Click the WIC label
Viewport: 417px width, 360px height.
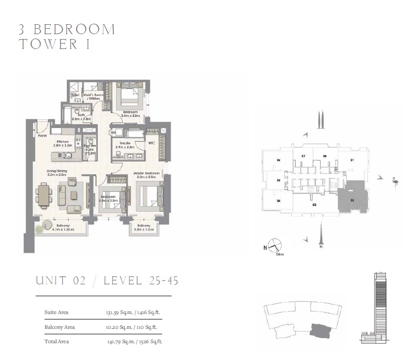click(151, 144)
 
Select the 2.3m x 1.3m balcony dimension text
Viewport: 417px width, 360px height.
click(144, 229)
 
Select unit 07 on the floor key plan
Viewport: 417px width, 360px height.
click(303, 156)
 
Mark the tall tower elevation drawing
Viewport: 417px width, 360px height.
click(378, 307)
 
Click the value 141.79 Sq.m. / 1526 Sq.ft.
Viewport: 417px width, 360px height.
click(134, 341)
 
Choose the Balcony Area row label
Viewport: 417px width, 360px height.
click(59, 327)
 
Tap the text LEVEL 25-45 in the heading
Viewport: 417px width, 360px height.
click(141, 281)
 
